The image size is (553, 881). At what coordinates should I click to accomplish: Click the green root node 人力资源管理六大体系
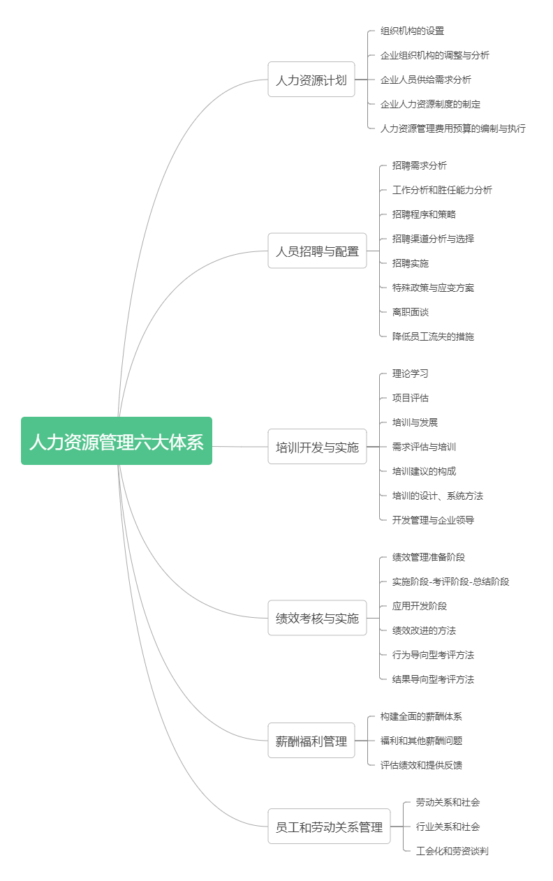[x=117, y=440]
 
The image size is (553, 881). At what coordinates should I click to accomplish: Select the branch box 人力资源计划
[x=311, y=79]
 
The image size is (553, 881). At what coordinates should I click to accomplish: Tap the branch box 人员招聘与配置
[x=317, y=251]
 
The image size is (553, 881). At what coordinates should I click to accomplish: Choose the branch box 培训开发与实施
[x=317, y=446]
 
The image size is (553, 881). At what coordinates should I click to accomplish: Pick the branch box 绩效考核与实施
[x=317, y=618]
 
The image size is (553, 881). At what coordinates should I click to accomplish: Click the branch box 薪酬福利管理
[x=311, y=740]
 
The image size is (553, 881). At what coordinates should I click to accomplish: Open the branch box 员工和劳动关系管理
[x=329, y=826]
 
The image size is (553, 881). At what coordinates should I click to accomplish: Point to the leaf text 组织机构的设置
[x=412, y=31]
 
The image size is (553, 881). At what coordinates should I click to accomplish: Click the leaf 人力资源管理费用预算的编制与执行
[x=452, y=128]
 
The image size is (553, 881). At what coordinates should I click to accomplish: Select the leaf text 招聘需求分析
[x=419, y=165]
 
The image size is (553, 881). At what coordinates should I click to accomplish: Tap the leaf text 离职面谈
[x=411, y=312]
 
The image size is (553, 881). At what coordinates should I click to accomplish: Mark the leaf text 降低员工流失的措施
[x=433, y=336]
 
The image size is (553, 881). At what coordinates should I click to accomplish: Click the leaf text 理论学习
[x=411, y=373]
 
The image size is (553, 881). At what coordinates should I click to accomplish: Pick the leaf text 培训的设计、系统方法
[x=437, y=496]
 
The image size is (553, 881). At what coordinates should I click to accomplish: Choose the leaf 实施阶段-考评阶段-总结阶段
[x=450, y=582]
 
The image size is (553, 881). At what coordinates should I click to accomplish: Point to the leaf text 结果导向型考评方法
[x=433, y=679]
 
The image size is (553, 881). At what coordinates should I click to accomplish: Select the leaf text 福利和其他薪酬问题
[x=421, y=741]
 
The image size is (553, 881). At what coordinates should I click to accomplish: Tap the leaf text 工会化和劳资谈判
[x=452, y=851]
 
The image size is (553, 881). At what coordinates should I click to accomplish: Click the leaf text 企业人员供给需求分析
[x=425, y=80]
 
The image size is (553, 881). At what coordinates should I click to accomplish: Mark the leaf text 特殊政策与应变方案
[x=433, y=288]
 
